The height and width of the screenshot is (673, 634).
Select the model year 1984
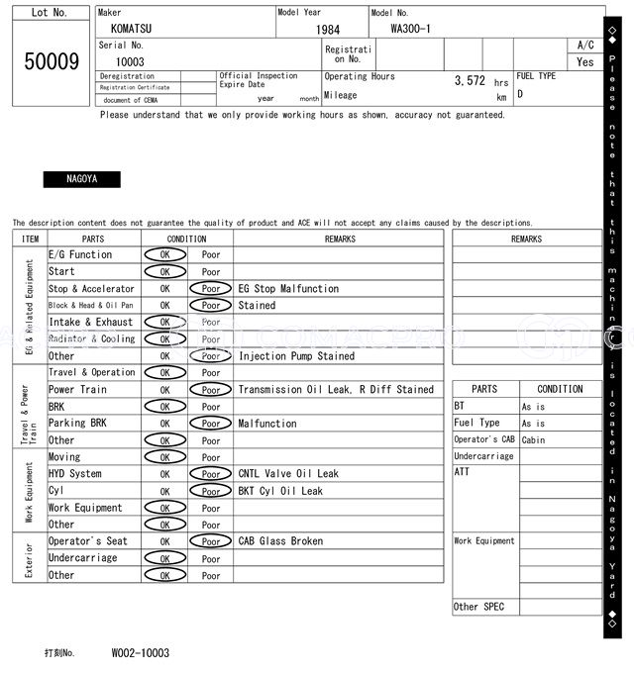point(328,30)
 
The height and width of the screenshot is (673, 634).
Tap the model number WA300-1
point(410,29)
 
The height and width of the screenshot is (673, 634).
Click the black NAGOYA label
point(81,179)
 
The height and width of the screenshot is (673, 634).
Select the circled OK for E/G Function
point(164,254)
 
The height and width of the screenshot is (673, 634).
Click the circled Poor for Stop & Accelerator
point(211,289)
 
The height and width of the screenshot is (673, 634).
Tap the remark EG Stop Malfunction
point(288,289)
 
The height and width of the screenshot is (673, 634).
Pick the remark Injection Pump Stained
point(296,356)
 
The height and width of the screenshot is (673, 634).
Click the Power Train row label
point(78,390)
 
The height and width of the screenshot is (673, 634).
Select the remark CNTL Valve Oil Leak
point(288,474)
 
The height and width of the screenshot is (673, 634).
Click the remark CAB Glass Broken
point(280,541)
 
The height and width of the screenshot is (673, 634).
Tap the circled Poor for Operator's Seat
point(211,541)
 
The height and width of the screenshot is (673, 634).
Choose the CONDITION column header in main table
point(186,239)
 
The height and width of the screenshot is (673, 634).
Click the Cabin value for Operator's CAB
point(533,440)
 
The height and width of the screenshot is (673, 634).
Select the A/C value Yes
point(585,61)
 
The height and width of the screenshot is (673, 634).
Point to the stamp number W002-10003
point(140,653)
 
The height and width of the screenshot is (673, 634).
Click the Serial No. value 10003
point(130,61)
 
